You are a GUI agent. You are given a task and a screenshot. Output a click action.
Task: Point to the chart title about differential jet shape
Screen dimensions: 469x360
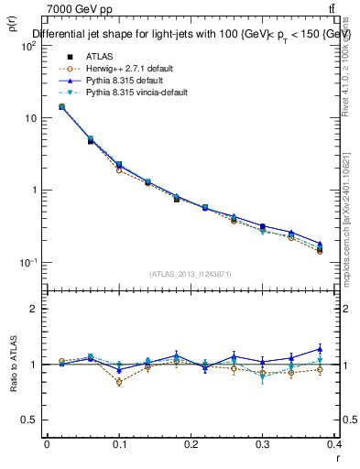click(192, 34)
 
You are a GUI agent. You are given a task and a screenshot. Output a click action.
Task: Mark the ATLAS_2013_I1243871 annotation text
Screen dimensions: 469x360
click(191, 274)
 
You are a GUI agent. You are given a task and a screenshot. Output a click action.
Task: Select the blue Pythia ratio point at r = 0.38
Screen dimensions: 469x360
click(320, 348)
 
